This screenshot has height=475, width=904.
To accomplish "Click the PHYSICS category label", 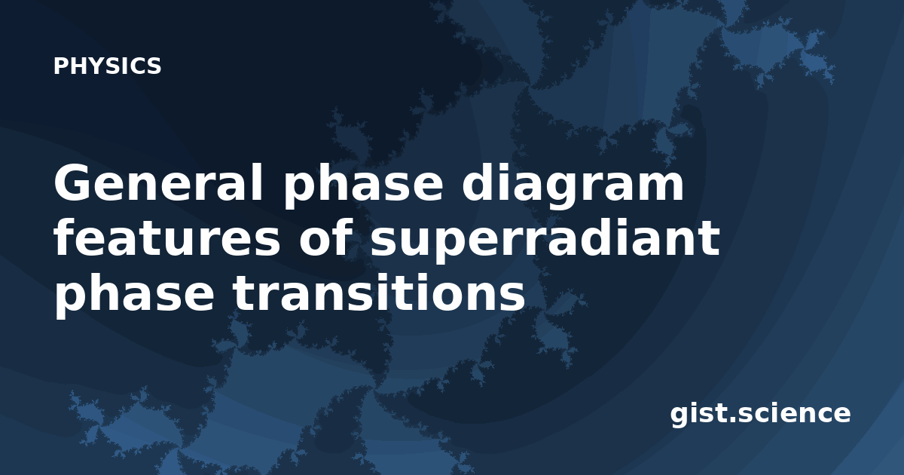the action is [107, 66].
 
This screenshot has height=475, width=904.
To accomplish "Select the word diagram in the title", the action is [573, 185].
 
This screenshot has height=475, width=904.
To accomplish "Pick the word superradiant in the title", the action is [545, 241].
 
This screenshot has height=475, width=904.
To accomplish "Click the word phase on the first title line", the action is [363, 185].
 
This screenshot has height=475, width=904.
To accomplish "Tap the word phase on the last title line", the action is [134, 295].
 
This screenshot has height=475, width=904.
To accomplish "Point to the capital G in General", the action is [72, 182].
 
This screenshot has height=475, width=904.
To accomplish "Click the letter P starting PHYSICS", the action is [60, 66].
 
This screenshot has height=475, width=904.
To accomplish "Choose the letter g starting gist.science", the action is [680, 418].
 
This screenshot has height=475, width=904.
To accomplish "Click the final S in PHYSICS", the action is [154, 66].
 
